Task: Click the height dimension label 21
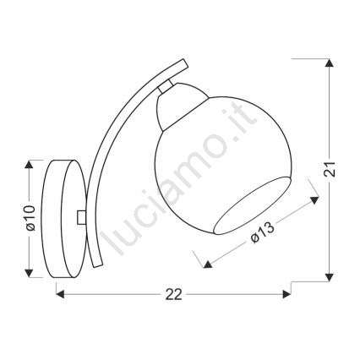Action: [330, 169]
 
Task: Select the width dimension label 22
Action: [174, 295]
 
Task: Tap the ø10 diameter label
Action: [30, 218]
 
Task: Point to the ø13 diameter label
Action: [262, 232]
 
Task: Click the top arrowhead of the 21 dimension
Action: [328, 63]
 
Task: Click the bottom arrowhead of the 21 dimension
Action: [328, 277]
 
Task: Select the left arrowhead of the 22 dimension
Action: [60, 295]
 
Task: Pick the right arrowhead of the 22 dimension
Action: [286, 295]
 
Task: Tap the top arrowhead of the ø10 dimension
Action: [29, 164]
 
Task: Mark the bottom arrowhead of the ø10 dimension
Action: [29, 273]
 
